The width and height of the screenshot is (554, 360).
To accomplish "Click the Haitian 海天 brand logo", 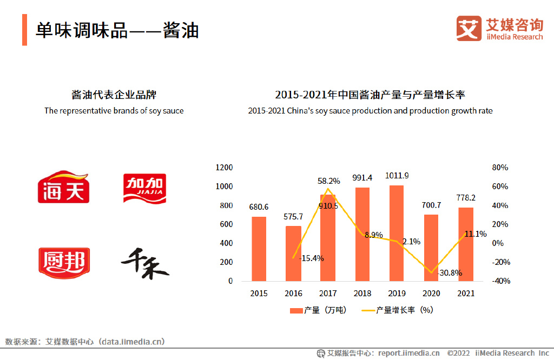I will coord(63,187).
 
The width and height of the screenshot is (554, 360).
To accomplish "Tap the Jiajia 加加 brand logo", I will coord(144,188).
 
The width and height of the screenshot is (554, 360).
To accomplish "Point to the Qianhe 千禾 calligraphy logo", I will coord(144,263).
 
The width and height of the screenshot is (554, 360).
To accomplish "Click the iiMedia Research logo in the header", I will coord(499,29).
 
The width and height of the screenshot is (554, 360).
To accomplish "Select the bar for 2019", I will coord(397,233).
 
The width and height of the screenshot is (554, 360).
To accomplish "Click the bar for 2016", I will coord(293,254).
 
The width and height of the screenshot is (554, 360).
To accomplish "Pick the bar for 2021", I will coord(466,244).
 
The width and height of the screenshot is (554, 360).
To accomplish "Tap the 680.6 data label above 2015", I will coord(259,207).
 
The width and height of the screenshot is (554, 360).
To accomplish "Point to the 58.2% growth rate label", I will coord(329,181).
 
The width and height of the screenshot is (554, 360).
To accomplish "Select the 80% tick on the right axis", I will coord(500,168).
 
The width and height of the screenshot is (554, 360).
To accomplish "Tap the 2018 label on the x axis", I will coord(362,294).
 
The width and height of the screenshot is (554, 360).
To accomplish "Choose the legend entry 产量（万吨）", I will coord(318,310).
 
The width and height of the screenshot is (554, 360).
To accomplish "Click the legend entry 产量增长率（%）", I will coord(397,310).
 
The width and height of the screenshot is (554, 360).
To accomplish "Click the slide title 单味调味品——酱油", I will coord(117,30).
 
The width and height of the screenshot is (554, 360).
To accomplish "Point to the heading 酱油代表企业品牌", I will coord(114,95).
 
